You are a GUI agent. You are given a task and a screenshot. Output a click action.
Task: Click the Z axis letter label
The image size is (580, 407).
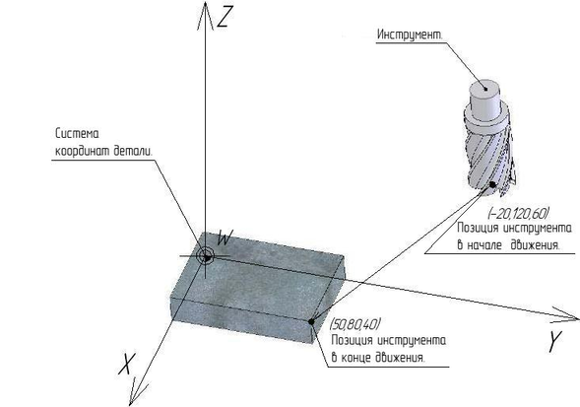[x=225, y=18]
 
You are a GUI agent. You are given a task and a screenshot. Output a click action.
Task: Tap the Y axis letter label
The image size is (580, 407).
[x=554, y=341]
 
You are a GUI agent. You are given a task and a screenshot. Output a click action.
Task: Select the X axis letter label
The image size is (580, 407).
[x=127, y=364]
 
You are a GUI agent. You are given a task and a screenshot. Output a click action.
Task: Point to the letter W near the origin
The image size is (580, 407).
[x=225, y=237]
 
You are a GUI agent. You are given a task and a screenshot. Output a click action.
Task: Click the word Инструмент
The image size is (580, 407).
[x=410, y=34]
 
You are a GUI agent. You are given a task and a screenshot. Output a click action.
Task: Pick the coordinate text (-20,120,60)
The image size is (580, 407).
[x=518, y=214]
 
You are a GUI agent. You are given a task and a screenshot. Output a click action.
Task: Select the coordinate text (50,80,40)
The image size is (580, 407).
[x=355, y=324]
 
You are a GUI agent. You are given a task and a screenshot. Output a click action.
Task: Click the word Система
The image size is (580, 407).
[x=77, y=133]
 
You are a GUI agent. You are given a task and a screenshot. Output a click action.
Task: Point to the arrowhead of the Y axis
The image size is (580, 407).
[x=565, y=314]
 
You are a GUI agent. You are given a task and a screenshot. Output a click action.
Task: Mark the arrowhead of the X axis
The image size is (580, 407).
[x=137, y=393]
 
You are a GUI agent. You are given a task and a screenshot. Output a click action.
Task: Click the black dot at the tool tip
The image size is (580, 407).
[x=492, y=184]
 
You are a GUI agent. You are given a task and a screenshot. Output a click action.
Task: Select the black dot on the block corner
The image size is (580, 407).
[x=311, y=321]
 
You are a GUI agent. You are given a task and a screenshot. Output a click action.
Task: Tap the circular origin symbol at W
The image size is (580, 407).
[x=205, y=256]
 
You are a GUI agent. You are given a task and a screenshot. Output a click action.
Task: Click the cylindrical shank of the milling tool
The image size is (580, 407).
[x=484, y=100]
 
